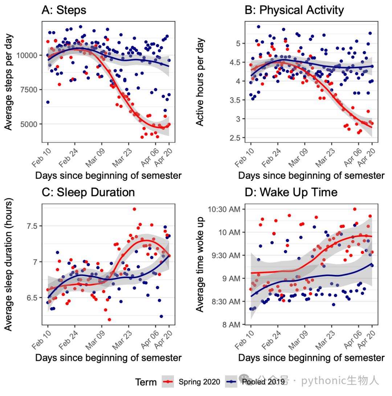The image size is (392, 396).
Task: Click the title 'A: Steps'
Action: tap(64, 11)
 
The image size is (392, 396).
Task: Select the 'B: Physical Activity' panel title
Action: tap(294, 11)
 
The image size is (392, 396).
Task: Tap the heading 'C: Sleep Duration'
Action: tap(88, 193)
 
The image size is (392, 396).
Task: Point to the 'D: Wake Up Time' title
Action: tap(291, 193)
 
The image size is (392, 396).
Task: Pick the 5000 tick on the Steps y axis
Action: tap(29, 124)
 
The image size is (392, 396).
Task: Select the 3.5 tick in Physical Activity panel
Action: tap(235, 100)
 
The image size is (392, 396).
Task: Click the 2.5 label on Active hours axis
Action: tap(235, 138)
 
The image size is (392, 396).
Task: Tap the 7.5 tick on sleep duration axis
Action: tap(32, 226)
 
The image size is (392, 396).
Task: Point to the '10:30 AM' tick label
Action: tap(224, 209)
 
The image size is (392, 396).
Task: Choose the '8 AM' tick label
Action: tap(231, 325)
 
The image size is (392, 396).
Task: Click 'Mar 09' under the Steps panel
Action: tap(95, 158)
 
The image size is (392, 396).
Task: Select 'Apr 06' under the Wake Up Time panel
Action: tap(353, 340)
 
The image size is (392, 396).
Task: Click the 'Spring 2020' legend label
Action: tap(199, 382)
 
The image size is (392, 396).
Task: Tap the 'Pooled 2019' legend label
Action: tap(264, 382)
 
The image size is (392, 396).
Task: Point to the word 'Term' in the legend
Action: tap(146, 382)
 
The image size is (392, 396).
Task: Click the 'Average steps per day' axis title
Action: tap(8, 82)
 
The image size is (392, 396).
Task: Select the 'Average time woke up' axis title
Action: tap(200, 264)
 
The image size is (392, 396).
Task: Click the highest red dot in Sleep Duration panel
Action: tap(134, 209)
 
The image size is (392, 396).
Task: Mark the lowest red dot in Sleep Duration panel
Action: tap(110, 320)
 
